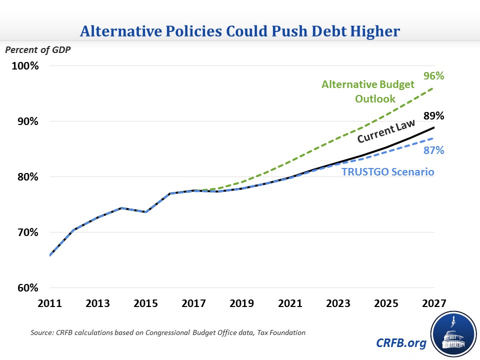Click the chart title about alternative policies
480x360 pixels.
point(239,31)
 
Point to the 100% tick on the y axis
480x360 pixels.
point(25,66)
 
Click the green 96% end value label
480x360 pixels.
point(434,76)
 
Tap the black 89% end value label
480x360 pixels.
point(434,116)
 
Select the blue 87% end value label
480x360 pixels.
point(434,150)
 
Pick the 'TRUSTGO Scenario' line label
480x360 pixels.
point(387,172)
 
